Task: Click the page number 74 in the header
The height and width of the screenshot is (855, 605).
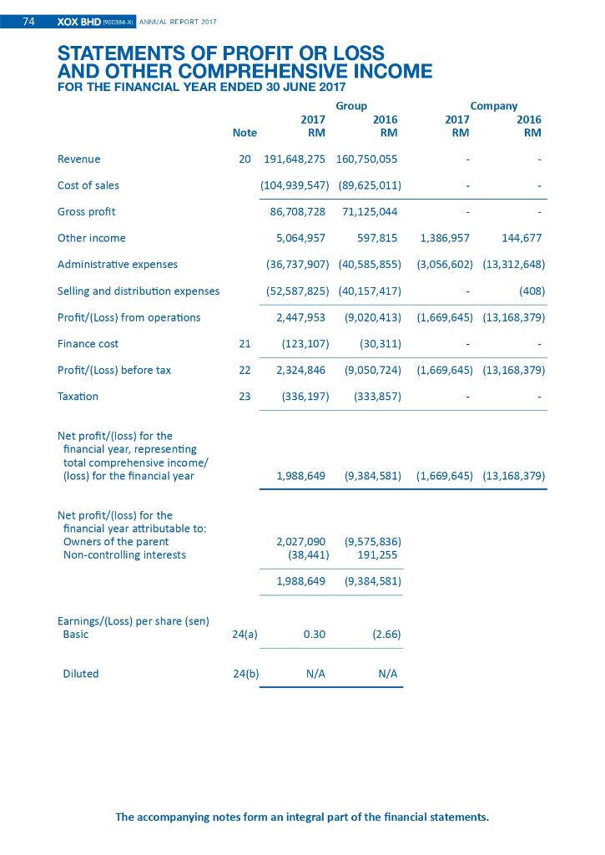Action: (x=28, y=22)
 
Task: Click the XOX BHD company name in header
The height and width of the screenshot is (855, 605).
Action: (x=78, y=22)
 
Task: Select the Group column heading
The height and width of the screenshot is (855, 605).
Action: (x=350, y=106)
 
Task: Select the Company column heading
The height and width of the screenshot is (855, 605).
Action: (x=493, y=106)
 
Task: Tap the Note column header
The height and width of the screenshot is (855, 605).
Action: (x=245, y=133)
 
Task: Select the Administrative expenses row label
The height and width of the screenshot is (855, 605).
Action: (x=117, y=265)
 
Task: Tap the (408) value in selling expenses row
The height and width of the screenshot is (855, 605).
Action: (x=531, y=291)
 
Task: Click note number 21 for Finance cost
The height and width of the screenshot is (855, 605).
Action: (x=245, y=343)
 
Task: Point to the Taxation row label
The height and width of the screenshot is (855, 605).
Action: (x=78, y=397)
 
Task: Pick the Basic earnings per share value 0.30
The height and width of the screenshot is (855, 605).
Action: (x=314, y=634)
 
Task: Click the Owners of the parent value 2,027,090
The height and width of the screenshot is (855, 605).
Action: (x=300, y=541)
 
